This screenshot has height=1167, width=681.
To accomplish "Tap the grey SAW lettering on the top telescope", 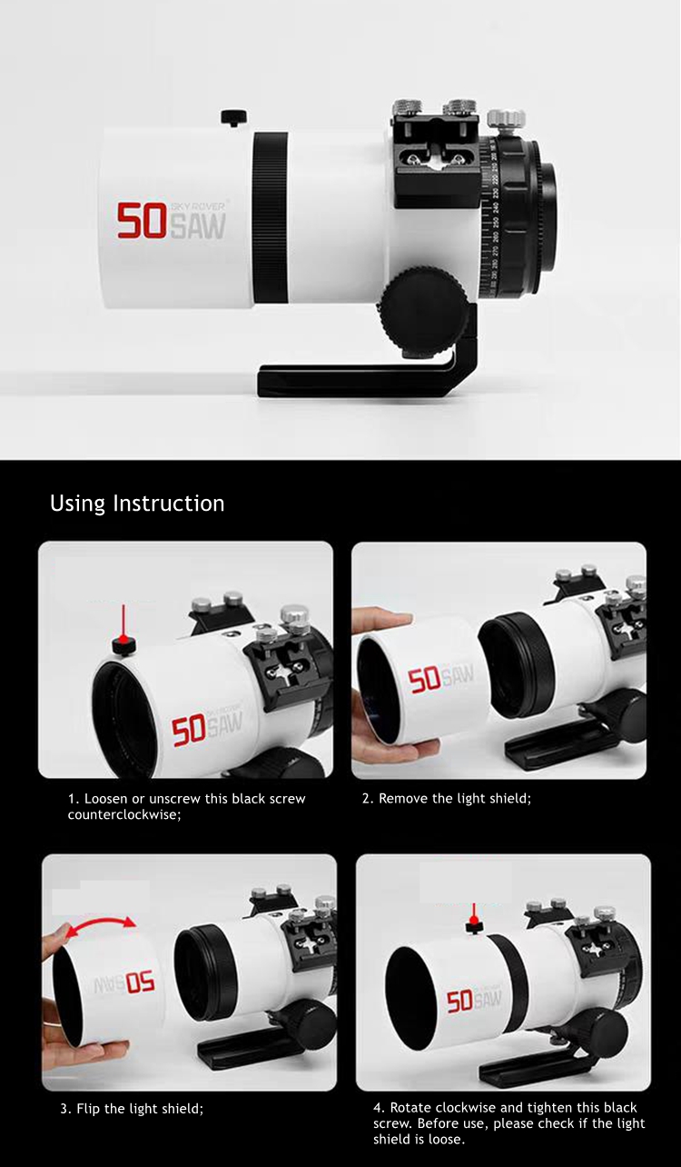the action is [198, 225].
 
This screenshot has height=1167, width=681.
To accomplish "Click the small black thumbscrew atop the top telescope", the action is [233, 117].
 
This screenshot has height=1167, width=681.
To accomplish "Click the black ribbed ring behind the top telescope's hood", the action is [271, 217].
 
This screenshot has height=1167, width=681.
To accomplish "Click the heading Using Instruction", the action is [137, 504].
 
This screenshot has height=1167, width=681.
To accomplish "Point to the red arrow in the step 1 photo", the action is [123, 623].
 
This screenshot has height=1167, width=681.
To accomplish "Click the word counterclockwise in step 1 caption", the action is [123, 814].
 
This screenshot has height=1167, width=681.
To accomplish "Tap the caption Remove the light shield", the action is [447, 798].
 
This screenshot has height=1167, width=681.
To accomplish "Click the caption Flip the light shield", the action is [132, 1108].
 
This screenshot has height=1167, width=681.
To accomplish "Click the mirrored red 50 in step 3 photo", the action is [140, 983].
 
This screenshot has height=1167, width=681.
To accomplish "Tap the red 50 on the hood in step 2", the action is [424, 682].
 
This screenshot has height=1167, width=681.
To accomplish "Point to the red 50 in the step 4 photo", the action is [459, 1002].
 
